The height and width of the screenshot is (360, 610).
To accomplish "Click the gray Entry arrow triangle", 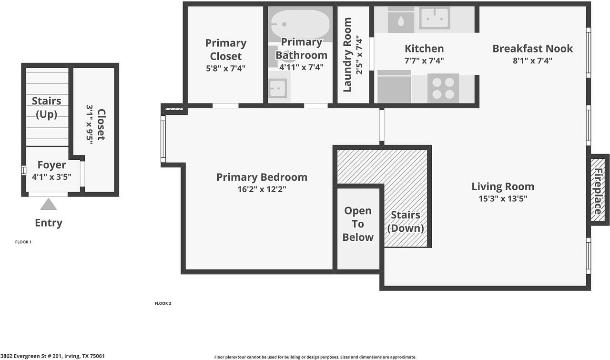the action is [49, 205].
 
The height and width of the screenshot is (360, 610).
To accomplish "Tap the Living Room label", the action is [503, 187].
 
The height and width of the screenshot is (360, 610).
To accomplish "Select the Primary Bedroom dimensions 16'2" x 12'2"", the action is [262, 189].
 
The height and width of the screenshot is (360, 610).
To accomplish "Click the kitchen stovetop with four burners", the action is [443, 88].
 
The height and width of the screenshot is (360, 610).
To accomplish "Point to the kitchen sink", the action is [434, 18].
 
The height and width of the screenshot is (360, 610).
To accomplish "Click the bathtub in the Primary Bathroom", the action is [300, 24].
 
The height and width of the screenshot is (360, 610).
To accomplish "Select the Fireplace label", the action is [598, 191].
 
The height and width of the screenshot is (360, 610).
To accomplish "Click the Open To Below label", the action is [357, 224].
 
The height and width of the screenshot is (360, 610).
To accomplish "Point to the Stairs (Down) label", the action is [406, 222].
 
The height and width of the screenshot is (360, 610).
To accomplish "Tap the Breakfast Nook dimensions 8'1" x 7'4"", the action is [532, 61].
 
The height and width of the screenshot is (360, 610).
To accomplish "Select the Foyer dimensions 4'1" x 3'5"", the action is [51, 177].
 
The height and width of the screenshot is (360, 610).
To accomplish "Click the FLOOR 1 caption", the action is [23, 242].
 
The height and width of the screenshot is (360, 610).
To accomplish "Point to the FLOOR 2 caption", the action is [163, 303].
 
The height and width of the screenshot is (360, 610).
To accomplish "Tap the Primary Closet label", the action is [226, 50].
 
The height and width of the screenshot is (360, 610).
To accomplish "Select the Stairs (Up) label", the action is [47, 107].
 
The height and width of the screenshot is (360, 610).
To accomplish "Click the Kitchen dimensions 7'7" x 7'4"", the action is [424, 61].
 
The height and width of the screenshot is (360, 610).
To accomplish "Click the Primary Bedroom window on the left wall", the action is [163, 139].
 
